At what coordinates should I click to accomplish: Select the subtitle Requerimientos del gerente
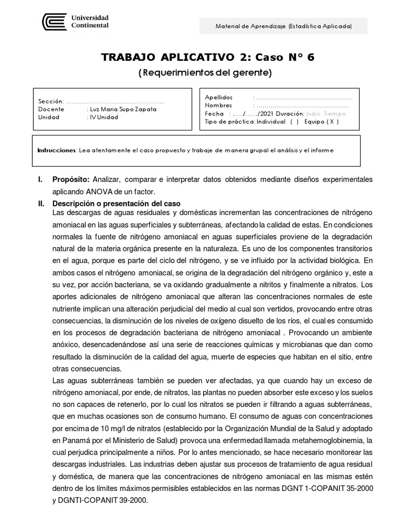point(205,73)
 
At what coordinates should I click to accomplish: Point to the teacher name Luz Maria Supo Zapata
point(123,109)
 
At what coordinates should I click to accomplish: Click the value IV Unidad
point(103,117)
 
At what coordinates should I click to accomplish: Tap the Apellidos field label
point(219,97)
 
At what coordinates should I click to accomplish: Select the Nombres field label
point(218,105)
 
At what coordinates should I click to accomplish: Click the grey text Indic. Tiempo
point(325,113)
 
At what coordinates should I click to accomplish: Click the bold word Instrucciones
point(57,150)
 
